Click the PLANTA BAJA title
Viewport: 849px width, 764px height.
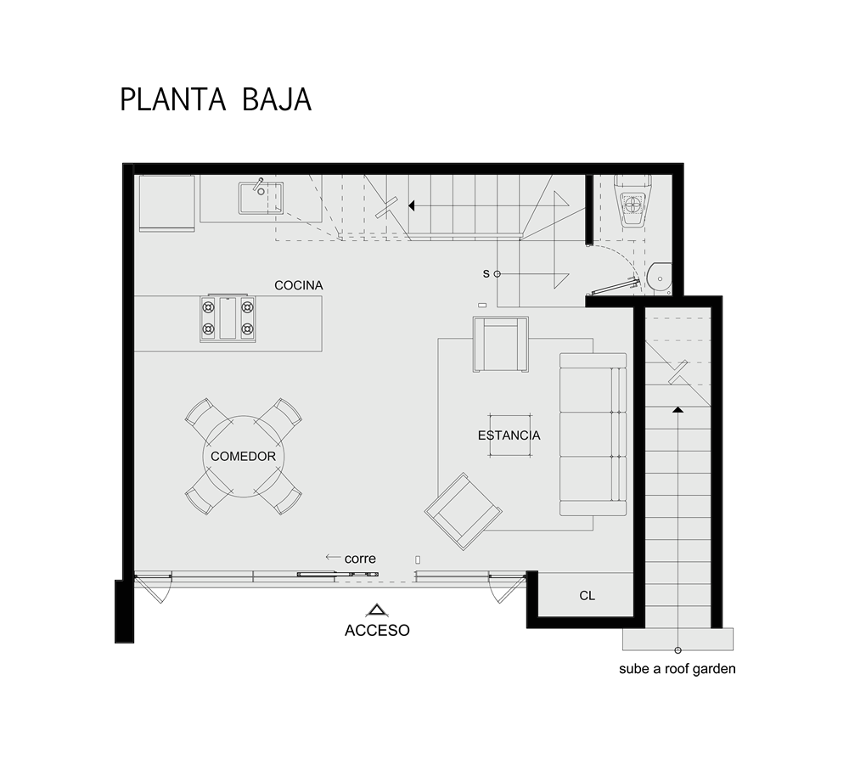tap(216, 99)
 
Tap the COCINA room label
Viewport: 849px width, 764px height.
tap(298, 285)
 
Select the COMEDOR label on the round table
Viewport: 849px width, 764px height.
tap(243, 457)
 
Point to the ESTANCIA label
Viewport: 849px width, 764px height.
tap(509, 435)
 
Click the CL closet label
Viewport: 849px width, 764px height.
tap(587, 596)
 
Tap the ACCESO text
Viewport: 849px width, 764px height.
tap(377, 630)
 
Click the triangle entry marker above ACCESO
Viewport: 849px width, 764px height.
tap(377, 610)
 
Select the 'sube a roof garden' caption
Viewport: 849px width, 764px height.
tap(677, 669)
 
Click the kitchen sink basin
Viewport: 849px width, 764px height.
tap(261, 198)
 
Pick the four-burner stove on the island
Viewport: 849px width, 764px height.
tap(228, 318)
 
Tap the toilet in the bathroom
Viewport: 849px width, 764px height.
tap(631, 199)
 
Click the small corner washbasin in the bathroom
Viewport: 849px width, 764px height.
tap(660, 278)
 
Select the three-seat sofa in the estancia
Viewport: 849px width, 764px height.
tap(593, 435)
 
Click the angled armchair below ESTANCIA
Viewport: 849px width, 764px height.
tap(463, 512)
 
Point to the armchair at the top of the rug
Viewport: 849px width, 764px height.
tap(500, 345)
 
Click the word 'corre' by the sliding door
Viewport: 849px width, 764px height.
tap(360, 559)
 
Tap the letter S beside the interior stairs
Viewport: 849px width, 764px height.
tap(486, 274)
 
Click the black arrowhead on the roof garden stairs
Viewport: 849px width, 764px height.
tap(678, 409)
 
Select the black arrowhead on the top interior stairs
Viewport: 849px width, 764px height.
tap(412, 205)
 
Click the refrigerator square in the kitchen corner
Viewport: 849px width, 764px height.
tap(166, 203)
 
